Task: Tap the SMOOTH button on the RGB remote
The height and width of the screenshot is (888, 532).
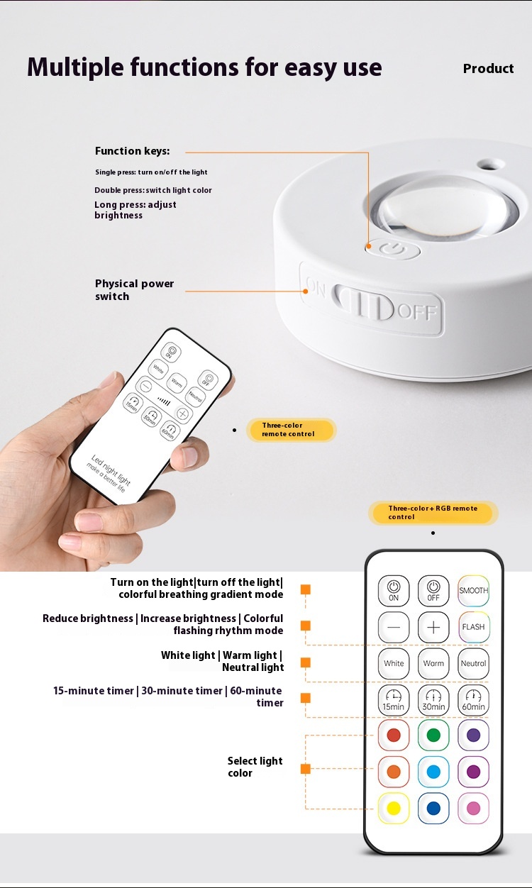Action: point(473,591)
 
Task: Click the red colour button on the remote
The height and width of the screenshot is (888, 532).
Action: point(394,736)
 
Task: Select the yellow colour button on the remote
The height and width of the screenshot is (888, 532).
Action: point(394,809)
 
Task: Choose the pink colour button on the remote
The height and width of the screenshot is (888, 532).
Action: point(473,809)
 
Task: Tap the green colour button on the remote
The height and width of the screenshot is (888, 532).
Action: point(433,736)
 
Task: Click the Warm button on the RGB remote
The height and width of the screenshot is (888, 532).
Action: point(433,663)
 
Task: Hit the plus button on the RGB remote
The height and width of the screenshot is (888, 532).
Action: point(433,627)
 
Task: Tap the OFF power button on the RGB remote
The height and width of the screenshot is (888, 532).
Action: point(433,591)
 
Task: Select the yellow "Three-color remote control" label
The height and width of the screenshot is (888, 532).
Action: point(292,430)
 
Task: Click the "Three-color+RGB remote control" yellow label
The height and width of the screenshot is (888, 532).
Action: point(433,513)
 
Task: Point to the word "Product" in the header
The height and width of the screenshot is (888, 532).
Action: point(489,69)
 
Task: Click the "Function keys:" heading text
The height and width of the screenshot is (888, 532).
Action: point(133,151)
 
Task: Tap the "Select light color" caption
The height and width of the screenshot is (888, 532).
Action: point(255,767)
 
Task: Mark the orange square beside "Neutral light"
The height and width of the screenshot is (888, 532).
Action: point(305,662)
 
